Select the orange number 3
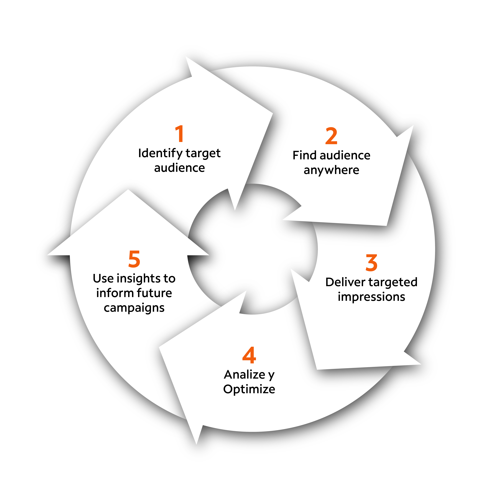tap(371, 263)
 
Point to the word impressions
tap(371, 297)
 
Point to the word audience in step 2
tap(345, 155)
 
